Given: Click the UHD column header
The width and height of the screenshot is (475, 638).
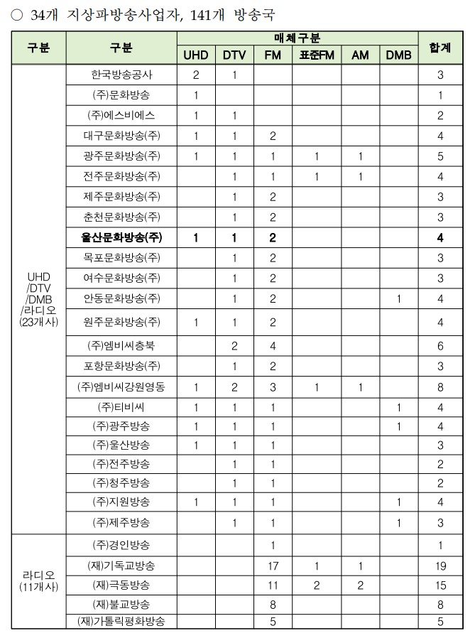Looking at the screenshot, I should [x=196, y=55].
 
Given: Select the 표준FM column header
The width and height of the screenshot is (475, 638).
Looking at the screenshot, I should [x=316, y=55].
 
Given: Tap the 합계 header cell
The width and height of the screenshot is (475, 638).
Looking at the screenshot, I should [x=440, y=48].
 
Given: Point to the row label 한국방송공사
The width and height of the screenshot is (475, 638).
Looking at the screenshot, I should [x=121, y=74].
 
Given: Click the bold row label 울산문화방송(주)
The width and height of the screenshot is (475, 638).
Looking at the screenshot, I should [x=121, y=237].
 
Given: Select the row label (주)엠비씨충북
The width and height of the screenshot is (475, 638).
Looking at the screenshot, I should [x=121, y=345].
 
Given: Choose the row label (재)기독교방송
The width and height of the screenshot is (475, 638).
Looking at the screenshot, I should [x=121, y=566].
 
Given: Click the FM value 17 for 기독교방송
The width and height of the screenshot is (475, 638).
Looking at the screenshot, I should [x=273, y=566].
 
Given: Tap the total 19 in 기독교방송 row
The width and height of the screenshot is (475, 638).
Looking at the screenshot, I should [x=440, y=566].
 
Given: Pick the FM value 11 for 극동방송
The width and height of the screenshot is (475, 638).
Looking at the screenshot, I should [x=273, y=585].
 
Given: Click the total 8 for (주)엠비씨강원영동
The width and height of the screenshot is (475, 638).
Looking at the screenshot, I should [x=440, y=387].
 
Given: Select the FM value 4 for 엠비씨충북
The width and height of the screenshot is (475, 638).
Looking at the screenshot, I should [x=273, y=345].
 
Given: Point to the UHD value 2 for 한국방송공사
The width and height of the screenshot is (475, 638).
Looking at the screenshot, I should [x=196, y=74].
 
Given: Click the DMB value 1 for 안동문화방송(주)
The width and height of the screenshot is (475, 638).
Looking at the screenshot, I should [x=399, y=298].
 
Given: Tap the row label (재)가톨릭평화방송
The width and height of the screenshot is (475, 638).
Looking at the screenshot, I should [x=121, y=621].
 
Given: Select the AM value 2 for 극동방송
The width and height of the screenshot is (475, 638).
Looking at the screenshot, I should [x=361, y=585].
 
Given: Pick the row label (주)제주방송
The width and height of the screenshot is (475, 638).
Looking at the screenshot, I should [x=121, y=523].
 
